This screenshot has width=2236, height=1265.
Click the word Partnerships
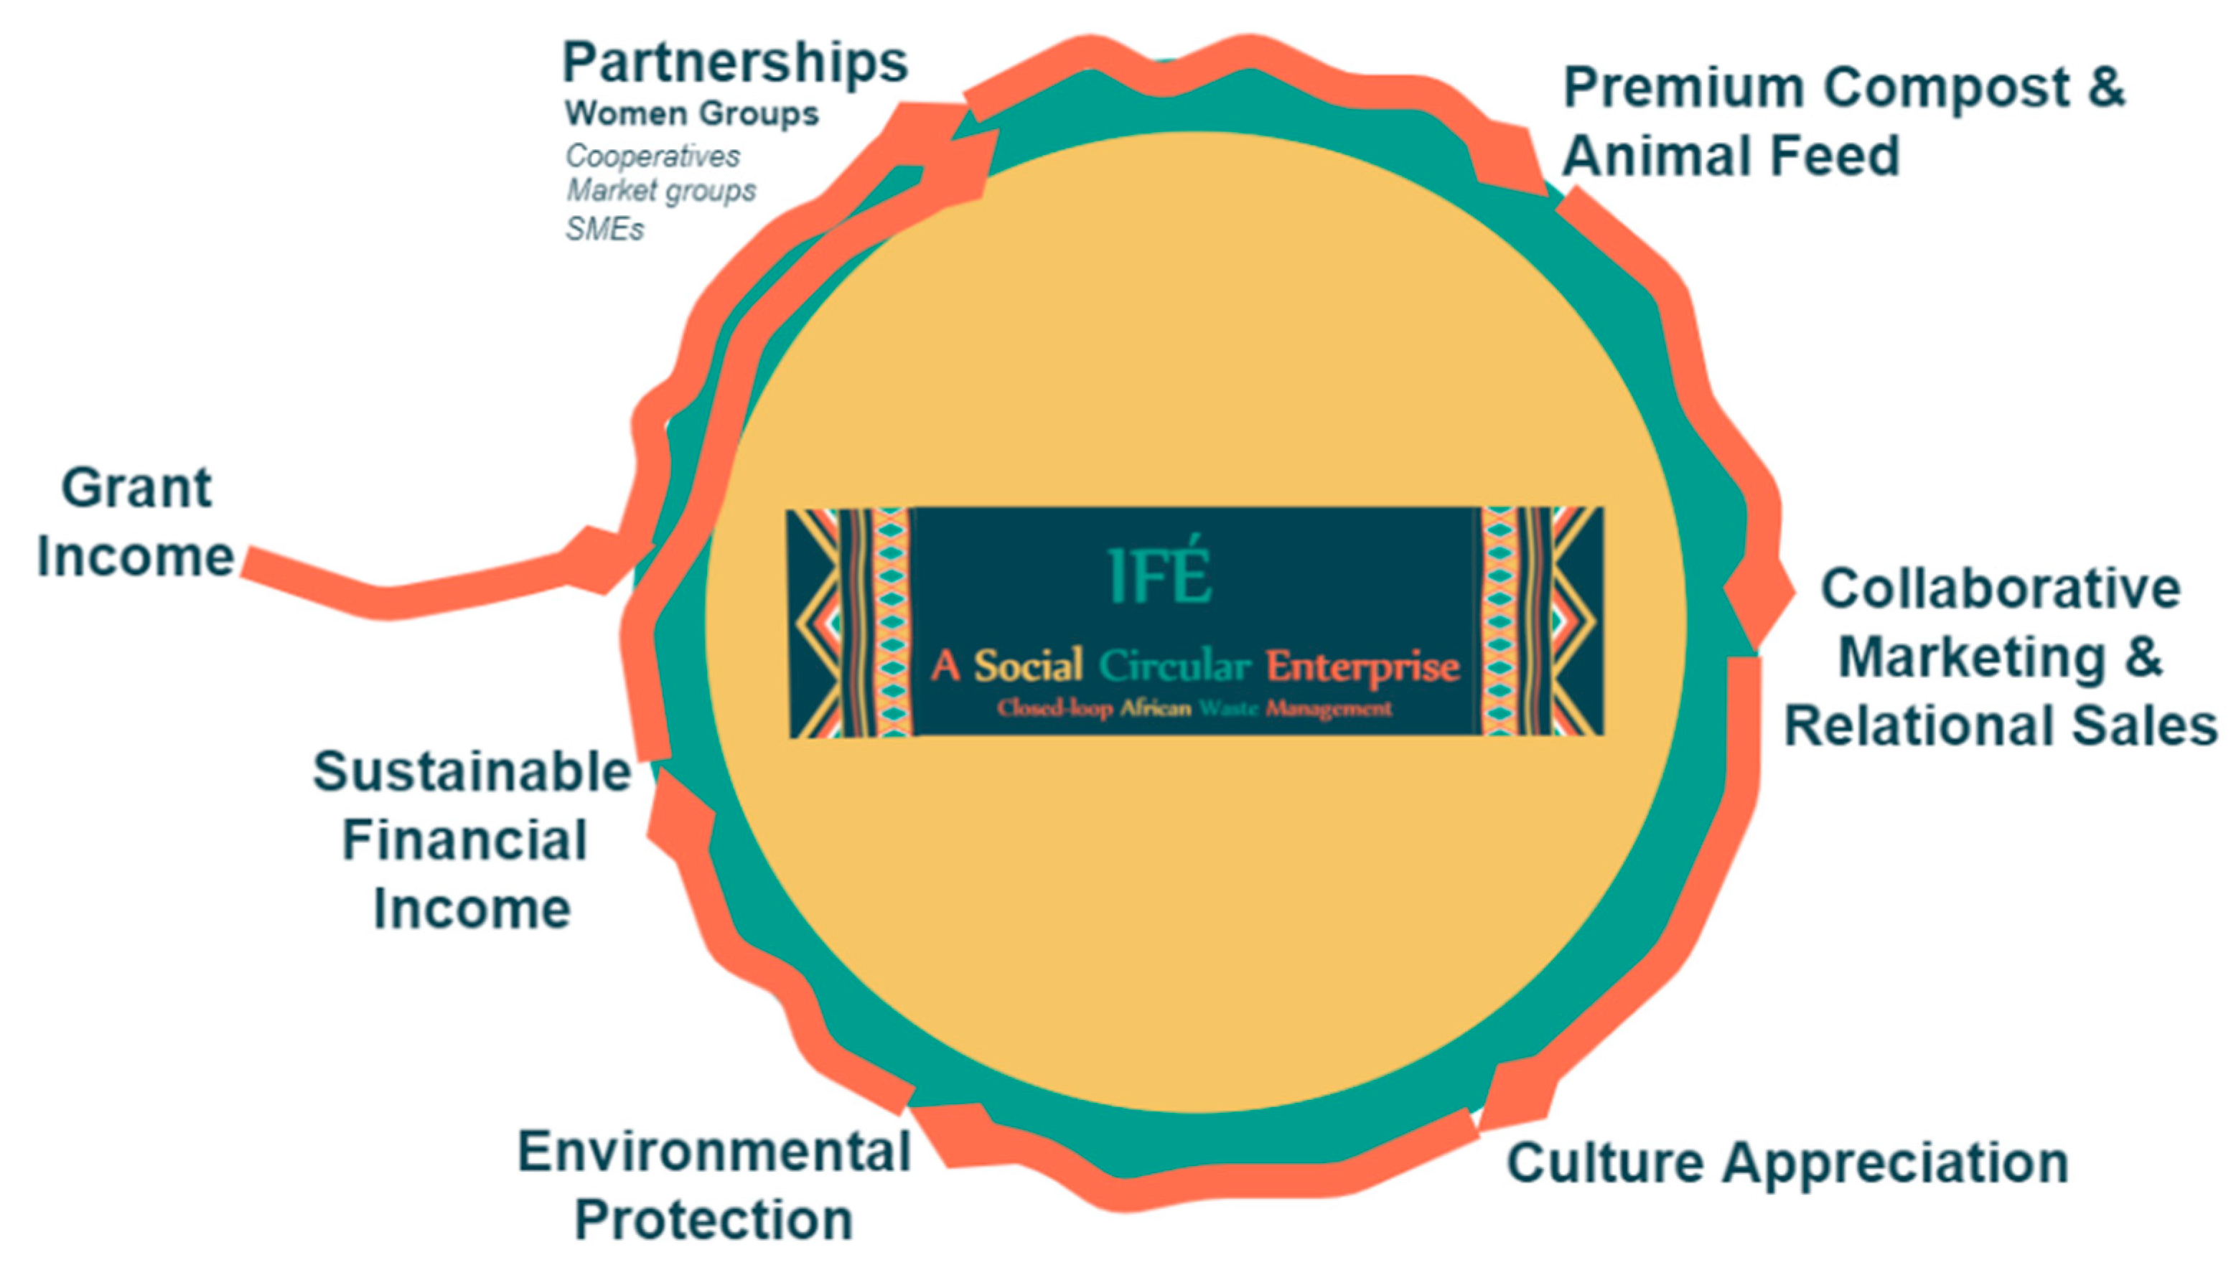coord(734,63)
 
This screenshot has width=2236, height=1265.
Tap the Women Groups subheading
coord(691,114)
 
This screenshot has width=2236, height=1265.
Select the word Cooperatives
coord(652,156)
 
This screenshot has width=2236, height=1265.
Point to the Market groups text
coord(661,190)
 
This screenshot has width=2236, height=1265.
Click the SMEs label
coord(605,230)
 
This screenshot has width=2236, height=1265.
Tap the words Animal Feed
coord(1731,156)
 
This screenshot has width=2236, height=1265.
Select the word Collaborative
coord(2001,589)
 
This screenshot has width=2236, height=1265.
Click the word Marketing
coord(1972,657)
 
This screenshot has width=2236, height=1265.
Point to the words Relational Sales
coord(2001,725)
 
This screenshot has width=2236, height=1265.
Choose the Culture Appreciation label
coord(1787,1162)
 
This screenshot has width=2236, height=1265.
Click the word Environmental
coord(714,1152)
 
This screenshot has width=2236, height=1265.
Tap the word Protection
coord(714,1220)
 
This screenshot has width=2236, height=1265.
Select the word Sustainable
coord(472,771)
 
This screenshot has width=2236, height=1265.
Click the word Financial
coord(465,840)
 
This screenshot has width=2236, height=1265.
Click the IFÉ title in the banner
coord(1160,576)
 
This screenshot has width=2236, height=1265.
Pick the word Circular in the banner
coord(1174,667)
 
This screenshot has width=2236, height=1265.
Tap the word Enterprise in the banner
coord(1362,667)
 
